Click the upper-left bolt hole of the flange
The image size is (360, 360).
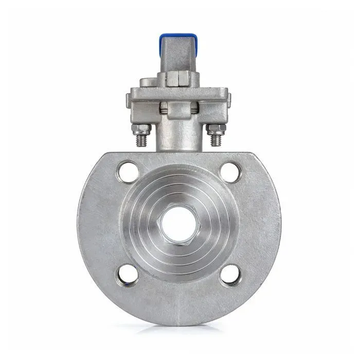click(x=128, y=172)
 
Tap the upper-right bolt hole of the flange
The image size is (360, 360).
click(x=231, y=172)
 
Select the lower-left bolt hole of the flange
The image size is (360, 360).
click(x=128, y=275)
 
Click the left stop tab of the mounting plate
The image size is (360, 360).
click(x=129, y=98)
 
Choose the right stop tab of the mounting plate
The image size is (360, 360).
click(x=228, y=98)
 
